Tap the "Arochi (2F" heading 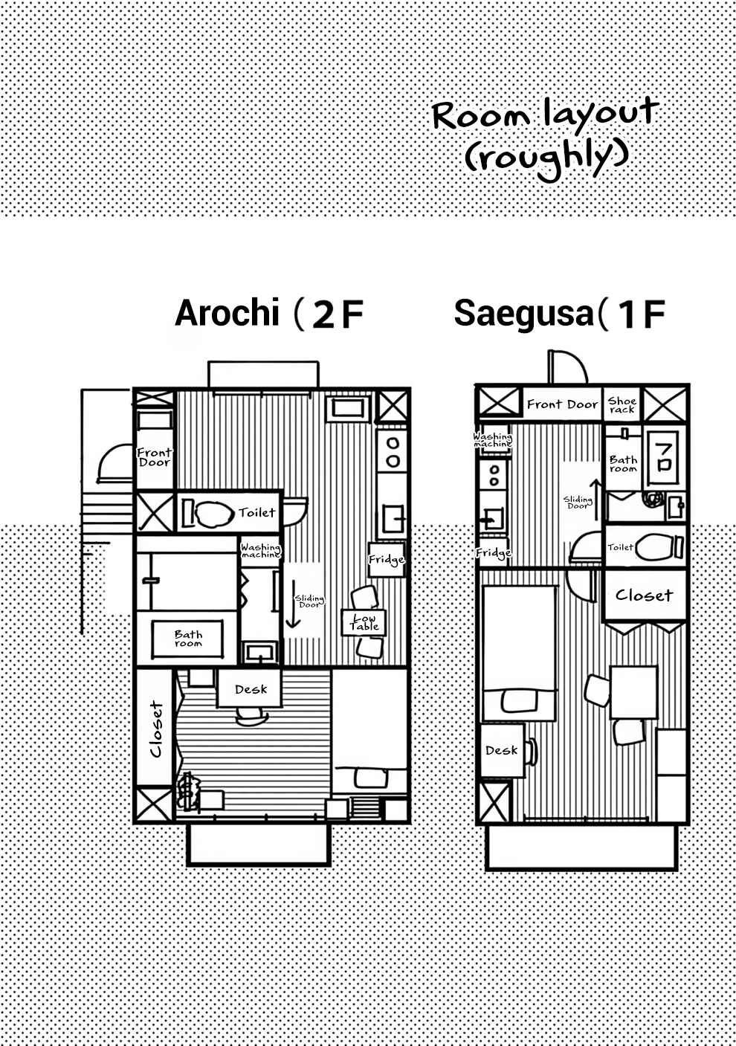(x=268, y=313)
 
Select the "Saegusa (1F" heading (x=560, y=313)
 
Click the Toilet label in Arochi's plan (x=256, y=512)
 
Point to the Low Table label (x=364, y=622)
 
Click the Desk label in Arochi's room (x=251, y=689)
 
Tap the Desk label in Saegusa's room (x=501, y=750)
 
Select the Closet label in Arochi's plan (x=156, y=729)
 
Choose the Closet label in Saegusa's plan (x=644, y=595)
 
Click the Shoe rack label (x=622, y=405)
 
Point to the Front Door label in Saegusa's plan (x=562, y=404)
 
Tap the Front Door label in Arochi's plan (x=155, y=458)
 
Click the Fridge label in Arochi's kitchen (x=386, y=559)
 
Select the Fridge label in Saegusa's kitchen (x=494, y=553)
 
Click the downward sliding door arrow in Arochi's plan (x=293, y=604)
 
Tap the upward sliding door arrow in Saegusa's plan (x=596, y=499)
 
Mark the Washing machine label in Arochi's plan (x=261, y=551)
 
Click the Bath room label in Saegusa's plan (x=623, y=464)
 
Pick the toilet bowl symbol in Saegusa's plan (x=659, y=547)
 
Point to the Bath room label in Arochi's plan (x=188, y=639)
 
